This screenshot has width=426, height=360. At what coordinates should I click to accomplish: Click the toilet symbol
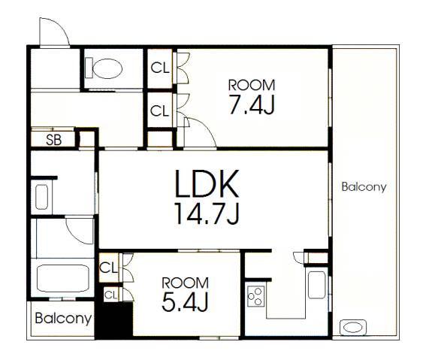pyautogui.click(x=104, y=68)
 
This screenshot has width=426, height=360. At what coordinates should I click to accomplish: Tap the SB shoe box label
pyautogui.click(x=54, y=140)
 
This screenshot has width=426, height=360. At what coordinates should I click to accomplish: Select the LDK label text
pyautogui.click(x=207, y=183)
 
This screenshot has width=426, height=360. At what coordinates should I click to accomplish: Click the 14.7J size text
pyautogui.click(x=207, y=213)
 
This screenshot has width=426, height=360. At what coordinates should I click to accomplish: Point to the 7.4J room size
pyautogui.click(x=252, y=104)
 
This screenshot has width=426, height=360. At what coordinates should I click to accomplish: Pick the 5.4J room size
pyautogui.click(x=185, y=301)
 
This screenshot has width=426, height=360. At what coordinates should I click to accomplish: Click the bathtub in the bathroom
pyautogui.click(x=63, y=279)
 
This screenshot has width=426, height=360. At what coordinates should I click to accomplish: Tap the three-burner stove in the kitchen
pyautogui.click(x=255, y=296)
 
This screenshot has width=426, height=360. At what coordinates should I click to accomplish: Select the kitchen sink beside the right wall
pyautogui.click(x=317, y=285)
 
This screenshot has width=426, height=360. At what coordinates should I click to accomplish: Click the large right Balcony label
pyautogui.click(x=364, y=187)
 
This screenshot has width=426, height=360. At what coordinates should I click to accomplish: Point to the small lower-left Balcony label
pyautogui.click(x=63, y=319)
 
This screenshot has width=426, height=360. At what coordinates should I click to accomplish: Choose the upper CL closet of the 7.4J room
pyautogui.click(x=160, y=68)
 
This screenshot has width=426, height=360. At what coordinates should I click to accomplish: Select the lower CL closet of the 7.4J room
pyautogui.click(x=160, y=110)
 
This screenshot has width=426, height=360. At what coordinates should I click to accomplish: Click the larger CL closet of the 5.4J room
pyautogui.click(x=109, y=268)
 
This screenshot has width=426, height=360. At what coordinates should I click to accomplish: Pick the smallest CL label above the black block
pyautogui.click(x=111, y=295)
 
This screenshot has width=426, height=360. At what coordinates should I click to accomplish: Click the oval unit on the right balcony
pyautogui.click(x=353, y=328)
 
